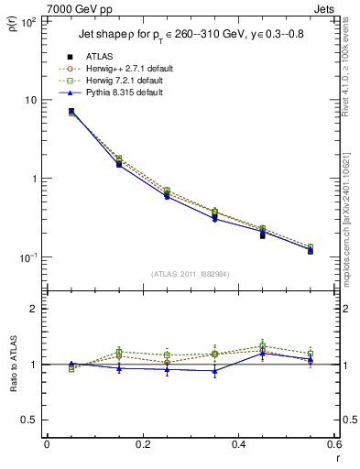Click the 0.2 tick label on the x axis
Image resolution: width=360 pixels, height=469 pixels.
142,445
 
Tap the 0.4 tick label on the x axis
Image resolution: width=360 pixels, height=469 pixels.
238,445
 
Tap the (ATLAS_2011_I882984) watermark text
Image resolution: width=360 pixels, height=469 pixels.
189,275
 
